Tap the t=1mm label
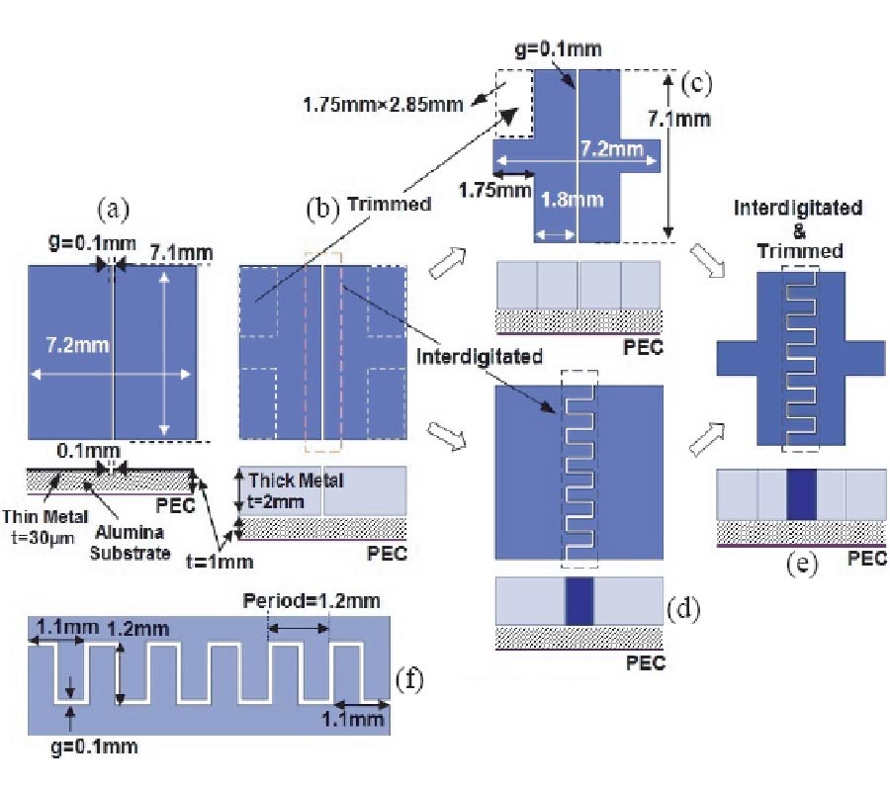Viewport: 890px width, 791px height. tap(219, 562)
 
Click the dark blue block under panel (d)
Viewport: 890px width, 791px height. tap(578, 601)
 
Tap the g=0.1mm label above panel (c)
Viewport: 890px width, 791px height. tap(575, 47)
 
